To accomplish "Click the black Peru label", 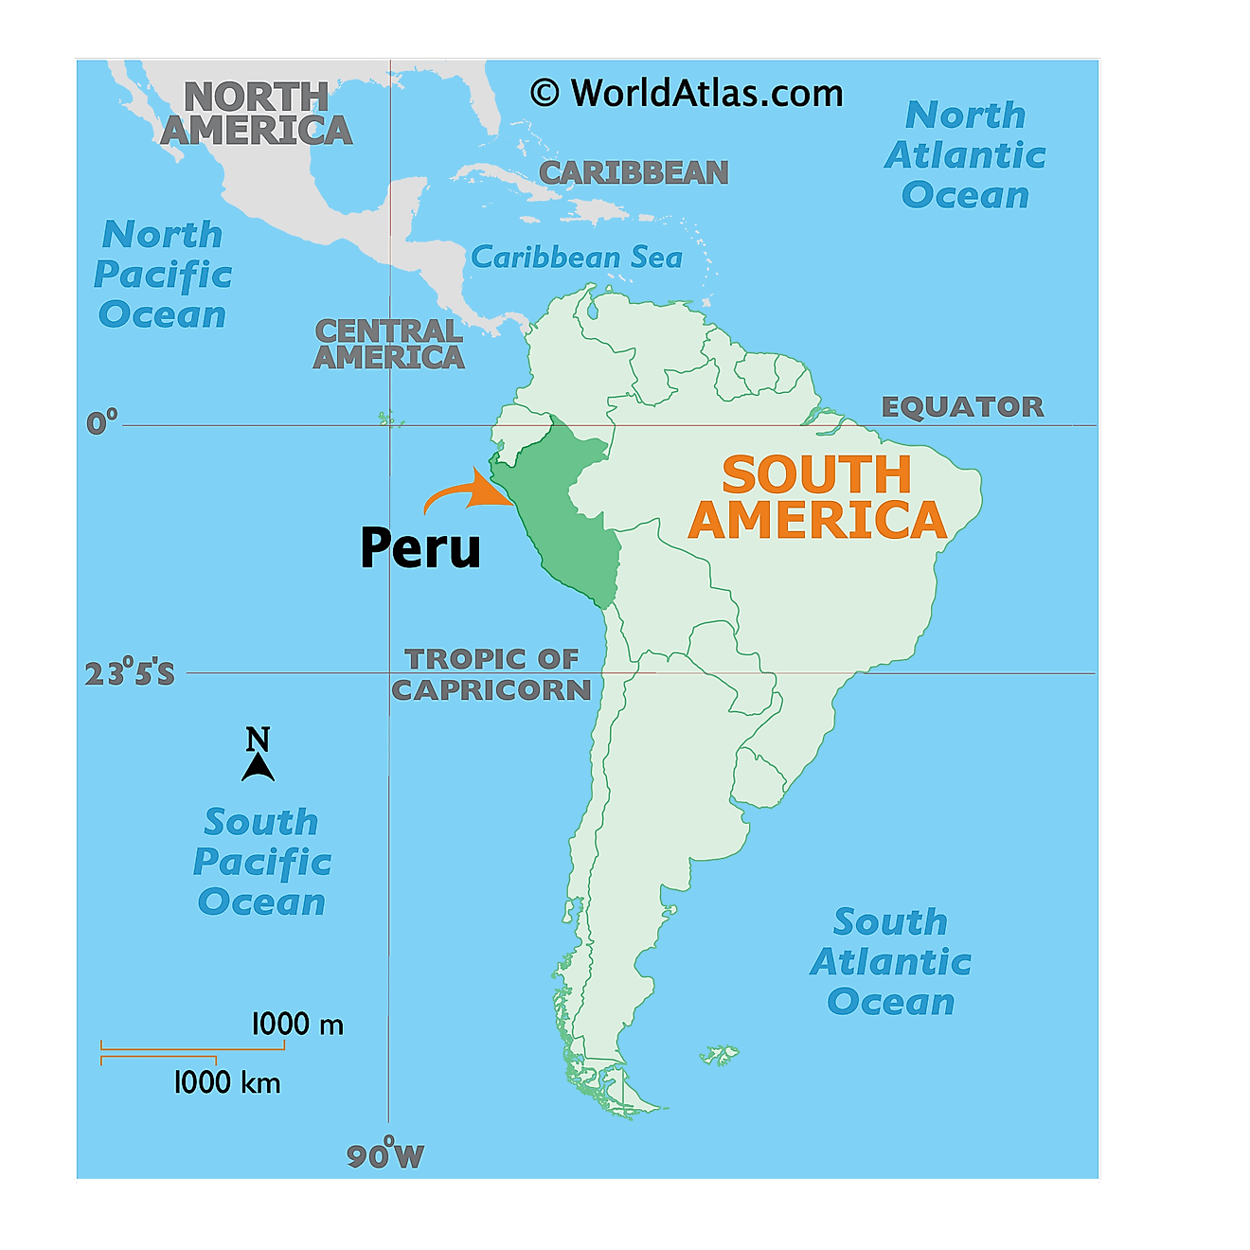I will coord(420,548).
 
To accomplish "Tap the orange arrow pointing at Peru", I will coord(468,492).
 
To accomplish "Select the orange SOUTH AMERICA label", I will coord(816,497).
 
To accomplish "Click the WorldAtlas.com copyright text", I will coord(687,93).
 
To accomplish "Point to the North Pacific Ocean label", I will coord(162,275).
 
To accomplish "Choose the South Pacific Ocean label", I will coord(261,862).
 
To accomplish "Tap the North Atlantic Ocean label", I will coord(965,154).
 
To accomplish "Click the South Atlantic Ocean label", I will coord(890,961).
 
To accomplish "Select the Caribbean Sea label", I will coord(576,257).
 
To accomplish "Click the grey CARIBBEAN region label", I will coord(634,172).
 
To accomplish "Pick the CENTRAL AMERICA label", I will coord(388,344).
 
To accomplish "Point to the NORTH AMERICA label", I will coord(256,114).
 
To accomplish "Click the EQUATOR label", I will coord(962,407).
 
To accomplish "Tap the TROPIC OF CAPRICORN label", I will coord(491,674).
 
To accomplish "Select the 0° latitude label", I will coord(102,421).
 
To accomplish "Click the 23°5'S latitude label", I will coord(130,673).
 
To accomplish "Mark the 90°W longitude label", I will coord(384,1155).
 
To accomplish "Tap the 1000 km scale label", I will coord(227,1082).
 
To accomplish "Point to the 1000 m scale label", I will coord(297,1024).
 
